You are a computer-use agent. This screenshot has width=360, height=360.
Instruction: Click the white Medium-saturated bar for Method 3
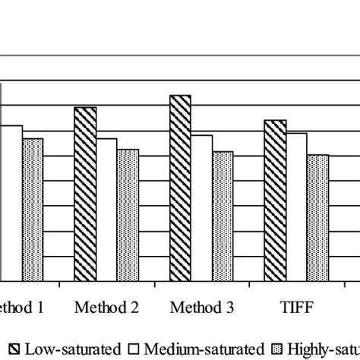coord(202,208)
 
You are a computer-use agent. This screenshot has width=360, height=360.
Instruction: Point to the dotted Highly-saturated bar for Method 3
coord(223,216)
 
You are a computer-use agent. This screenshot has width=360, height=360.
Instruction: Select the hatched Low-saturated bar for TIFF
coord(276,201)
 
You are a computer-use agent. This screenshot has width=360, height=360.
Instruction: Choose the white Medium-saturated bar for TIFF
coord(297,207)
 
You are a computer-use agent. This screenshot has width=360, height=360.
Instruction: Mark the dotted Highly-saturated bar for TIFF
coord(317,218)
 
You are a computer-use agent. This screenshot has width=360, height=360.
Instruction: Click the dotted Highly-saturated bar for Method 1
coord(33,210)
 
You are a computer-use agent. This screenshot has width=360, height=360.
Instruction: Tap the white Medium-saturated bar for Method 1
coord(11,203)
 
